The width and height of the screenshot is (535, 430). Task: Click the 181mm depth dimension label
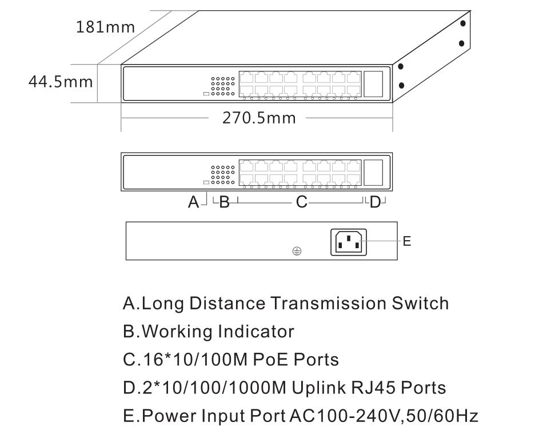coord(105,27)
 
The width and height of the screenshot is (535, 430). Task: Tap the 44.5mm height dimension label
coord(61,82)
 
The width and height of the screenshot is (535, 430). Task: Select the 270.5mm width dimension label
coord(259,118)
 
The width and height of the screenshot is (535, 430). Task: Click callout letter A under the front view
coord(193,202)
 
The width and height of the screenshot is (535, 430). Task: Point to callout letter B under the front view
coord(224,202)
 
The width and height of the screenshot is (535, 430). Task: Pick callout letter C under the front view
coord(302,202)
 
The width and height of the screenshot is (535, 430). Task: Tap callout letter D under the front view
coord(375,202)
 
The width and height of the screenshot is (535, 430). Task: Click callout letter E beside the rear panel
coord(407,241)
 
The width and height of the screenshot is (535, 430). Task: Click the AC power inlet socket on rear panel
coord(349,242)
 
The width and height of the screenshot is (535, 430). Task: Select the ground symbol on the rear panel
coord(297,251)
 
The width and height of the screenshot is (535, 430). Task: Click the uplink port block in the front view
coord(373,173)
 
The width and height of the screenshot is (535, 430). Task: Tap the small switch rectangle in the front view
coord(206,182)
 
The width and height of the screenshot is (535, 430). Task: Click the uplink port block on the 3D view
coord(373,84)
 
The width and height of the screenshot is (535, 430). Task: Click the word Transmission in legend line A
coord(329,303)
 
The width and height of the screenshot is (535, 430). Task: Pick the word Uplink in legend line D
coord(319,388)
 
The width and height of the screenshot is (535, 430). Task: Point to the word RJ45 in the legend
coord(373,388)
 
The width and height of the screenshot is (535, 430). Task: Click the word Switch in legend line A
coord(420,303)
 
